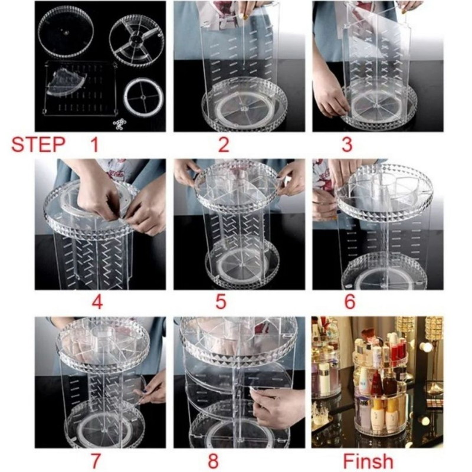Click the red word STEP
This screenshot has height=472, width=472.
point(38,144)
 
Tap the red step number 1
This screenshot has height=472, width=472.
point(94,144)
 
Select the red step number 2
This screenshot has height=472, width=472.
point(224,145)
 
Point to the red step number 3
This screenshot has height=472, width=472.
point(347,145)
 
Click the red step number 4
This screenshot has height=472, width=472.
point(97,302)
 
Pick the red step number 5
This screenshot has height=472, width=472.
point(221,302)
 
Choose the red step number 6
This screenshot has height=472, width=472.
point(350,302)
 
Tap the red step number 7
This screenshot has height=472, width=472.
point(96,461)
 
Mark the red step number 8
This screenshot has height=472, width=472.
point(213,461)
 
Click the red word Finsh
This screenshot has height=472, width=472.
point(368,461)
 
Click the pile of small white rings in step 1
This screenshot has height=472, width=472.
point(120,123)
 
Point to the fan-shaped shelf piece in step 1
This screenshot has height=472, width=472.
point(66,81)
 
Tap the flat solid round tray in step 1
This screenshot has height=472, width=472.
point(65,33)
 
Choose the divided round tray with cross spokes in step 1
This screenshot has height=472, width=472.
point(136,40)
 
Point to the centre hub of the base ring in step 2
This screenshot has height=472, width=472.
point(244,107)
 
